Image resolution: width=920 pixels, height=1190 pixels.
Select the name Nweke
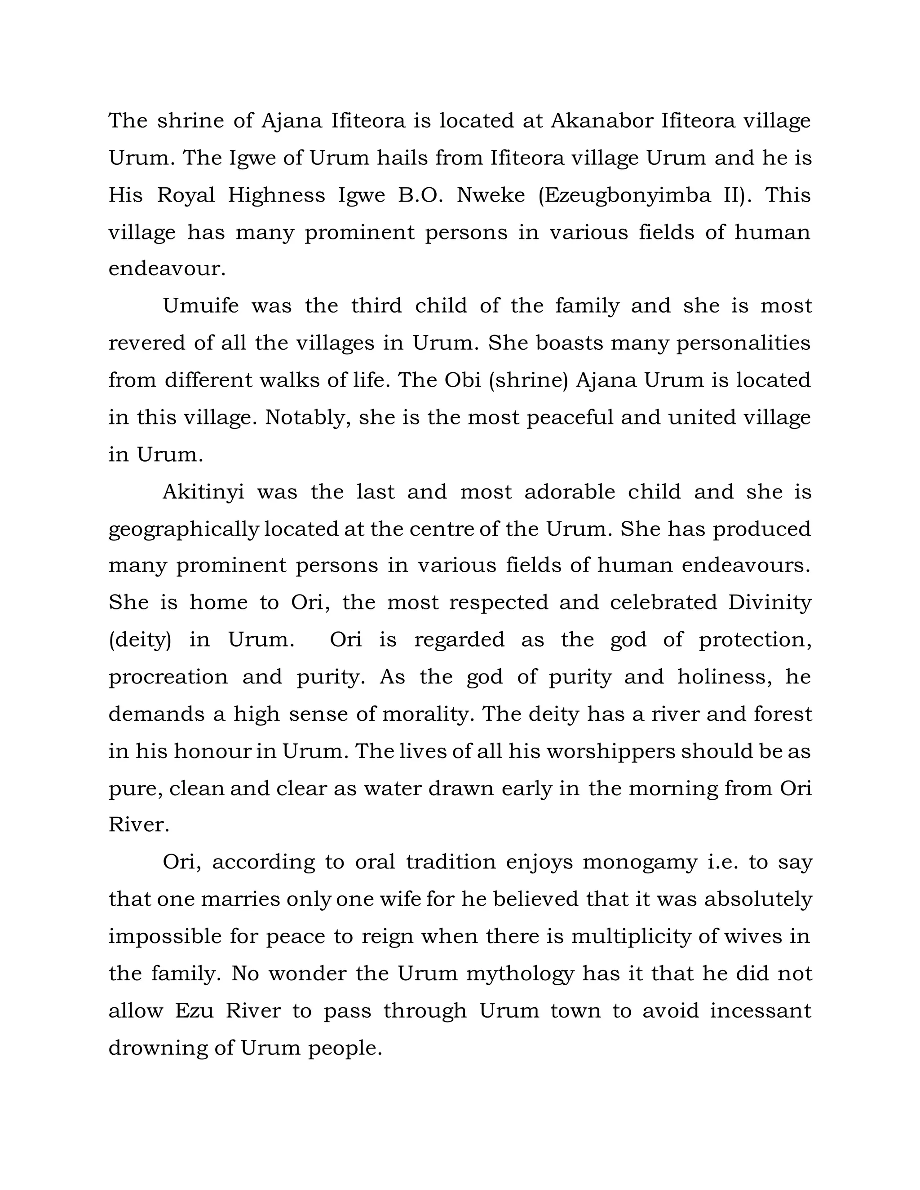click(491, 195)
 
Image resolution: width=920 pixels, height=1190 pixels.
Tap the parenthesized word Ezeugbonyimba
click(624, 195)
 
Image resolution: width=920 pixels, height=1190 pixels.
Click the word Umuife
click(200, 306)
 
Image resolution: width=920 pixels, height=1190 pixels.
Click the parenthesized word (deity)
click(140, 639)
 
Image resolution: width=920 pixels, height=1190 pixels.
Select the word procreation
click(168, 677)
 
